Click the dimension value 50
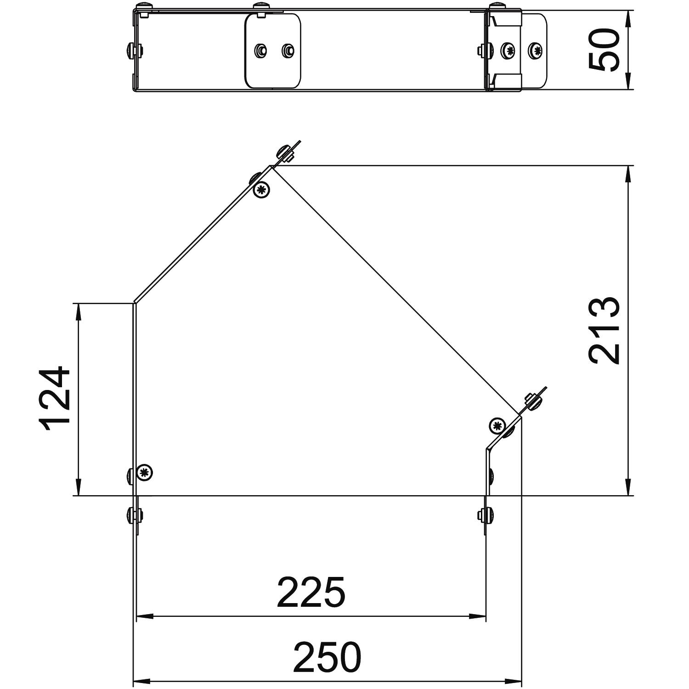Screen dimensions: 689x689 604,50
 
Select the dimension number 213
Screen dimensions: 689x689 604,331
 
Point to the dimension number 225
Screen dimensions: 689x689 311,592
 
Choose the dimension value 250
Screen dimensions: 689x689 327,657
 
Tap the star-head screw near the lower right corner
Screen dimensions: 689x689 497,426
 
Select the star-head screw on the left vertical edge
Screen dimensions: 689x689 145,473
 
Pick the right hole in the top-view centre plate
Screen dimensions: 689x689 288,50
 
